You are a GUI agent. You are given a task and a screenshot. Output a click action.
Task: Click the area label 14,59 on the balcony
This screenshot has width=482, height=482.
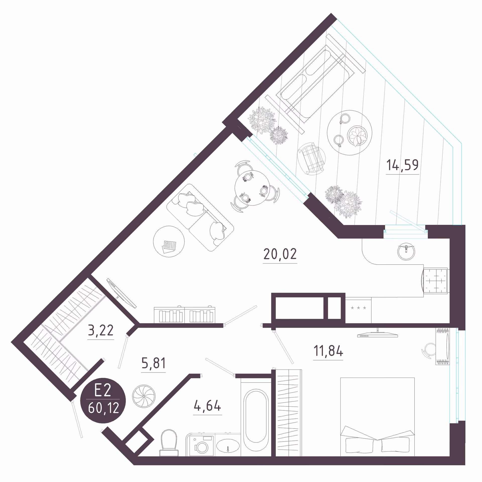coord(402,165)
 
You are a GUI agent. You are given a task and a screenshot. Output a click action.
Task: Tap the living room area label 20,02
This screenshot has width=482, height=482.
coord(280,254)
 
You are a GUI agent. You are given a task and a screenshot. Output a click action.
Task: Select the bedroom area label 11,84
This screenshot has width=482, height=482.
coord(328,351)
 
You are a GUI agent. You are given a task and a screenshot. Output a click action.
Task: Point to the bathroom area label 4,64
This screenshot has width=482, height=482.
coord(207,405)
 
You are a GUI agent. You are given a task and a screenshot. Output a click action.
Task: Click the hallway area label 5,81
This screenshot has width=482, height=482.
coord(153,363)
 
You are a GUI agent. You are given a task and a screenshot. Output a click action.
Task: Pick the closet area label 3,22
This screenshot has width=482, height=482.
coord(101,330)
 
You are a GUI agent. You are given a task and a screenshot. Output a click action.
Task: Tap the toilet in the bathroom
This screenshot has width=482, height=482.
coord(169,443)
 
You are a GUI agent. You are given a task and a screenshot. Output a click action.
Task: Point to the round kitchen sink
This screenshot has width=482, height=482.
coord(406,252)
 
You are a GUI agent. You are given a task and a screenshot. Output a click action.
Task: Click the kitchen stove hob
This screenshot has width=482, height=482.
coord(436,280)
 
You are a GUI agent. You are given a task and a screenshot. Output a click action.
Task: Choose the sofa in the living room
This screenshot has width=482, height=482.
coord(200,217)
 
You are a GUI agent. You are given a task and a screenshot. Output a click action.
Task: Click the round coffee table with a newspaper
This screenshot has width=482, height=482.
coord(169,242)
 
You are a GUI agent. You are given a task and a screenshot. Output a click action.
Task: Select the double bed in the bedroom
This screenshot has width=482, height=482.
coord(377,417)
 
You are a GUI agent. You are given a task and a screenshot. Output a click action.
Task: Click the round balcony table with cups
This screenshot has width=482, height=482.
coord(349,133)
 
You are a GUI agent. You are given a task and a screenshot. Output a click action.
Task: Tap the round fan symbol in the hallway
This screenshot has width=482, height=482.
coord(144,397)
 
